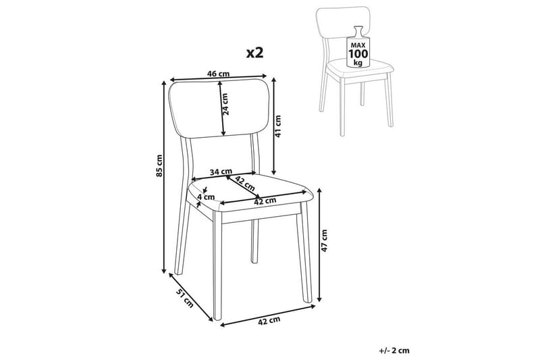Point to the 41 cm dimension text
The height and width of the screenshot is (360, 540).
click(x=278, y=126)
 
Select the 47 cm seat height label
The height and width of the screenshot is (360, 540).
click(x=324, y=241)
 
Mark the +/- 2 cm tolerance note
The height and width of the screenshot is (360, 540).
click(x=395, y=350)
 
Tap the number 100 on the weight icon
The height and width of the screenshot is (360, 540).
click(x=357, y=52)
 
